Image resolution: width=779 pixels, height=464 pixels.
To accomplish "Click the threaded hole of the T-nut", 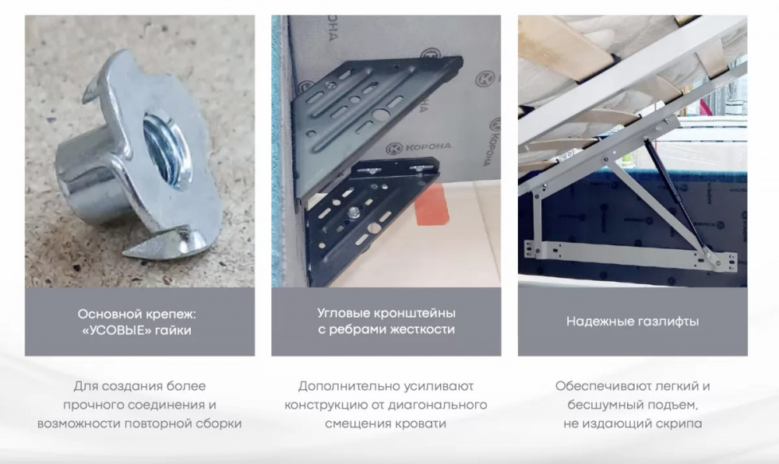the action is pyautogui.click(x=167, y=149).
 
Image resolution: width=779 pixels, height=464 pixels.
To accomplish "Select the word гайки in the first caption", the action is pyautogui.click(x=173, y=331).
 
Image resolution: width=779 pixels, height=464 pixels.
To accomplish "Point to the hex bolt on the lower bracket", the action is pyautogui.click(x=354, y=213).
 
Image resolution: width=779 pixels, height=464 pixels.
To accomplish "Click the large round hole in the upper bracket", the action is pyautogui.click(x=381, y=115).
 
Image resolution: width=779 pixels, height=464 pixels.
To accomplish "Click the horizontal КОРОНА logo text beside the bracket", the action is pyautogui.click(x=428, y=146).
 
